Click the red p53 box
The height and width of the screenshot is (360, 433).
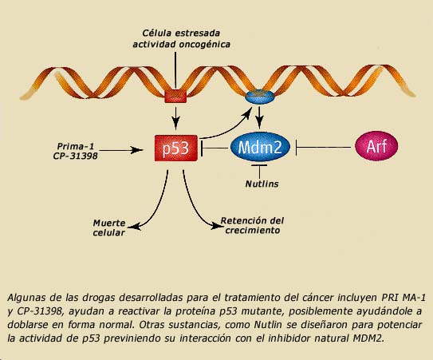[176, 148]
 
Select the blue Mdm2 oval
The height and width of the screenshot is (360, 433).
[260, 147]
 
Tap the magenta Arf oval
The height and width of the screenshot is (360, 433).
[376, 146]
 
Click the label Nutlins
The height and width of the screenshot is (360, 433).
[262, 184]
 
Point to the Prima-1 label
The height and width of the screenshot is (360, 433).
[76, 146]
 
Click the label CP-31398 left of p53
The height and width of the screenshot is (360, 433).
[76, 156]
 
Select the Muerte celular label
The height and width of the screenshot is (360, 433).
[109, 227]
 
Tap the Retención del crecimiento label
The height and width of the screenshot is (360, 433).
[252, 226]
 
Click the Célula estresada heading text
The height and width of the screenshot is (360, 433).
[181, 34]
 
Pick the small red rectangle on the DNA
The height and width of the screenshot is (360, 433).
[175, 97]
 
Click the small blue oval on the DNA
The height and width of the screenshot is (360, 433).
[260, 97]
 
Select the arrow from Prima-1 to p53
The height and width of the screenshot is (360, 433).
[121, 150]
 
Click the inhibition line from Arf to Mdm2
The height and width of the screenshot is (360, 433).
[323, 148]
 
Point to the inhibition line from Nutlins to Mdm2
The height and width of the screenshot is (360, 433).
[259, 172]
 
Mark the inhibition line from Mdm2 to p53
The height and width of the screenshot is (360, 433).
[215, 148]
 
